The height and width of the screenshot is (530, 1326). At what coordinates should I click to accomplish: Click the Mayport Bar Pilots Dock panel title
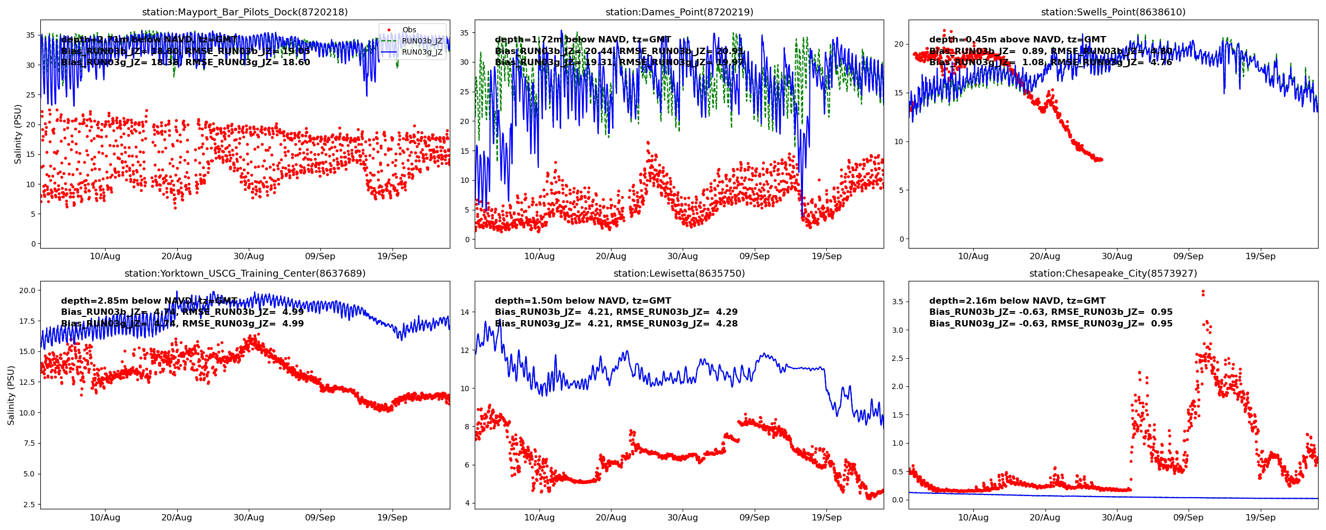point(245,12)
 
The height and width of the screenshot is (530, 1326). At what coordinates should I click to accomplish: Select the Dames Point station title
point(679,12)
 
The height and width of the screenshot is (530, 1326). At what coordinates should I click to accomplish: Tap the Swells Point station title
point(1113,12)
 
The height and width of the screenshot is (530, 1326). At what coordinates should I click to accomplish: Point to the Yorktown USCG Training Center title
point(245,273)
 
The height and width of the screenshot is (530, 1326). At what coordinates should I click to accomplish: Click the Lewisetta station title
point(679,273)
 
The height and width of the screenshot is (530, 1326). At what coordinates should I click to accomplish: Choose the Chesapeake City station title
point(1113,273)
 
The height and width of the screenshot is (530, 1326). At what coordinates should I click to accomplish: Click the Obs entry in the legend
point(409,30)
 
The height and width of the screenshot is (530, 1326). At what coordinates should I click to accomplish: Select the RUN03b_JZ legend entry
point(422,41)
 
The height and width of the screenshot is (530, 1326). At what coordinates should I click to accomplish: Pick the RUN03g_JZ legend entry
point(422,52)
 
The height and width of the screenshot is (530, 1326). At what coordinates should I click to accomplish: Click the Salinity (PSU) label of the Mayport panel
point(18,134)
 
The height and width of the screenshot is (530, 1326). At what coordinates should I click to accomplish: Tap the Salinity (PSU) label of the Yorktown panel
point(11,395)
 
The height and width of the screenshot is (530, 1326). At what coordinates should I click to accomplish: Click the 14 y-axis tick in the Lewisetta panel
point(465,312)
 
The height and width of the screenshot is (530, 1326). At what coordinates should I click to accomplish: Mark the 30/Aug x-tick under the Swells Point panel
point(1116,257)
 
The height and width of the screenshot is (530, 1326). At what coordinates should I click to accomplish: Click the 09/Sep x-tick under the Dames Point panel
point(754,257)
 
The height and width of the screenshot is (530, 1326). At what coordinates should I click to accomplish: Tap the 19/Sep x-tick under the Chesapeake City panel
point(1260,518)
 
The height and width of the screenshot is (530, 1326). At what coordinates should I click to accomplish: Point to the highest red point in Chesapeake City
point(1203,291)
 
